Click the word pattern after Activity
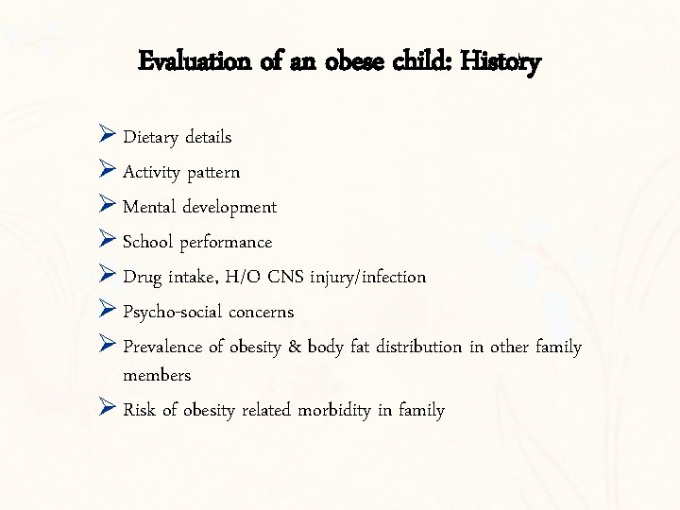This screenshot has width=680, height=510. pyautogui.click(x=213, y=173)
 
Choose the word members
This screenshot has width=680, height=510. pyautogui.click(x=157, y=375)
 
